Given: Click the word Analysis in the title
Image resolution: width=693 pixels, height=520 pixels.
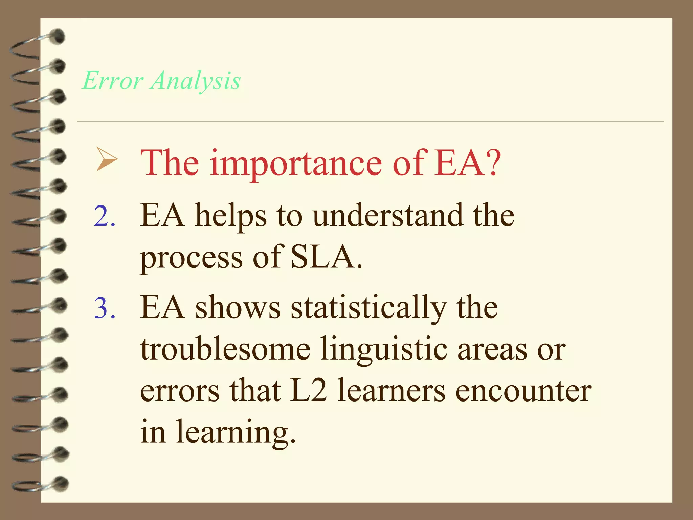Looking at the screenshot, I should [x=196, y=81].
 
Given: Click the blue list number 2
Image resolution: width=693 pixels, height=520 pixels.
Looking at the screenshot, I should [x=105, y=217].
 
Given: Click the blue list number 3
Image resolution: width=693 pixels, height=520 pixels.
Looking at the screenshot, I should [x=105, y=308].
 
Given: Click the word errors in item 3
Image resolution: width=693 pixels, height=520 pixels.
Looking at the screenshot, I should [x=180, y=391].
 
